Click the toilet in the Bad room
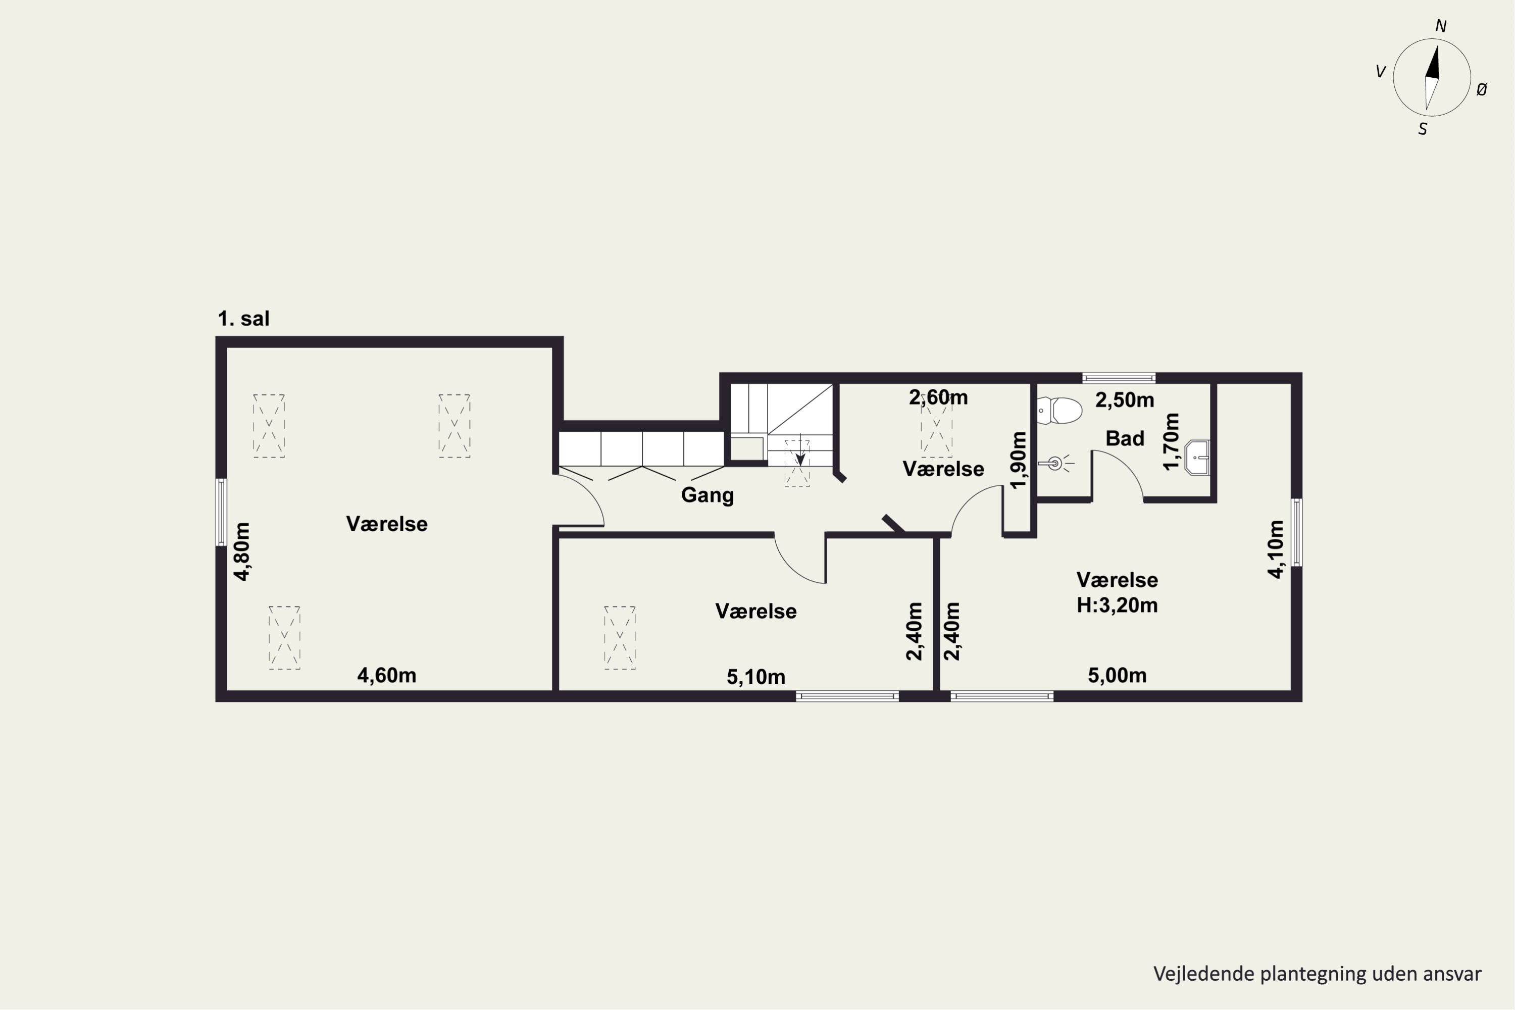tap(1059, 410)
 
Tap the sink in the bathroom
tap(1197, 458)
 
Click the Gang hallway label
tap(708, 495)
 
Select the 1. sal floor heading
tap(243, 318)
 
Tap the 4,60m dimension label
tap(386, 675)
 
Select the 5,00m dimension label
tap(1117, 675)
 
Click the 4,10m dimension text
tap(1276, 549)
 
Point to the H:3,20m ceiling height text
tap(1117, 605)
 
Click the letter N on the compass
tap(1441, 26)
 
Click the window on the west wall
tap(221, 513)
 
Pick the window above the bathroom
tap(1119, 378)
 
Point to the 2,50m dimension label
tap(1125, 400)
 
